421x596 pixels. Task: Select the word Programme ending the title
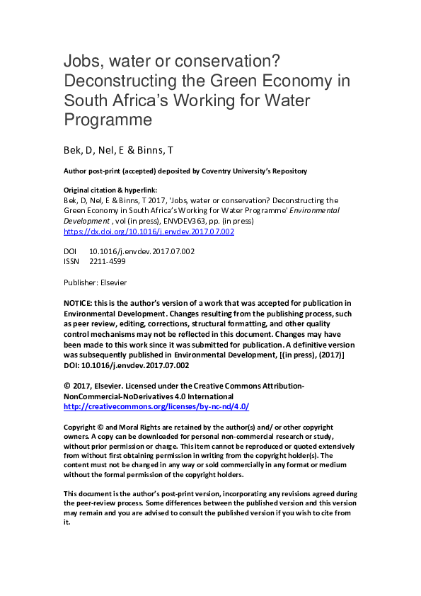pos(108,120)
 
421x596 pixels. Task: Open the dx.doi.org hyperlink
pos(149,231)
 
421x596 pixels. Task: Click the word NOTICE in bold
pos(78,303)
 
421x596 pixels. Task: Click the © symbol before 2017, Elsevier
pos(67,386)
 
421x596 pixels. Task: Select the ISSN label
pos(71,261)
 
